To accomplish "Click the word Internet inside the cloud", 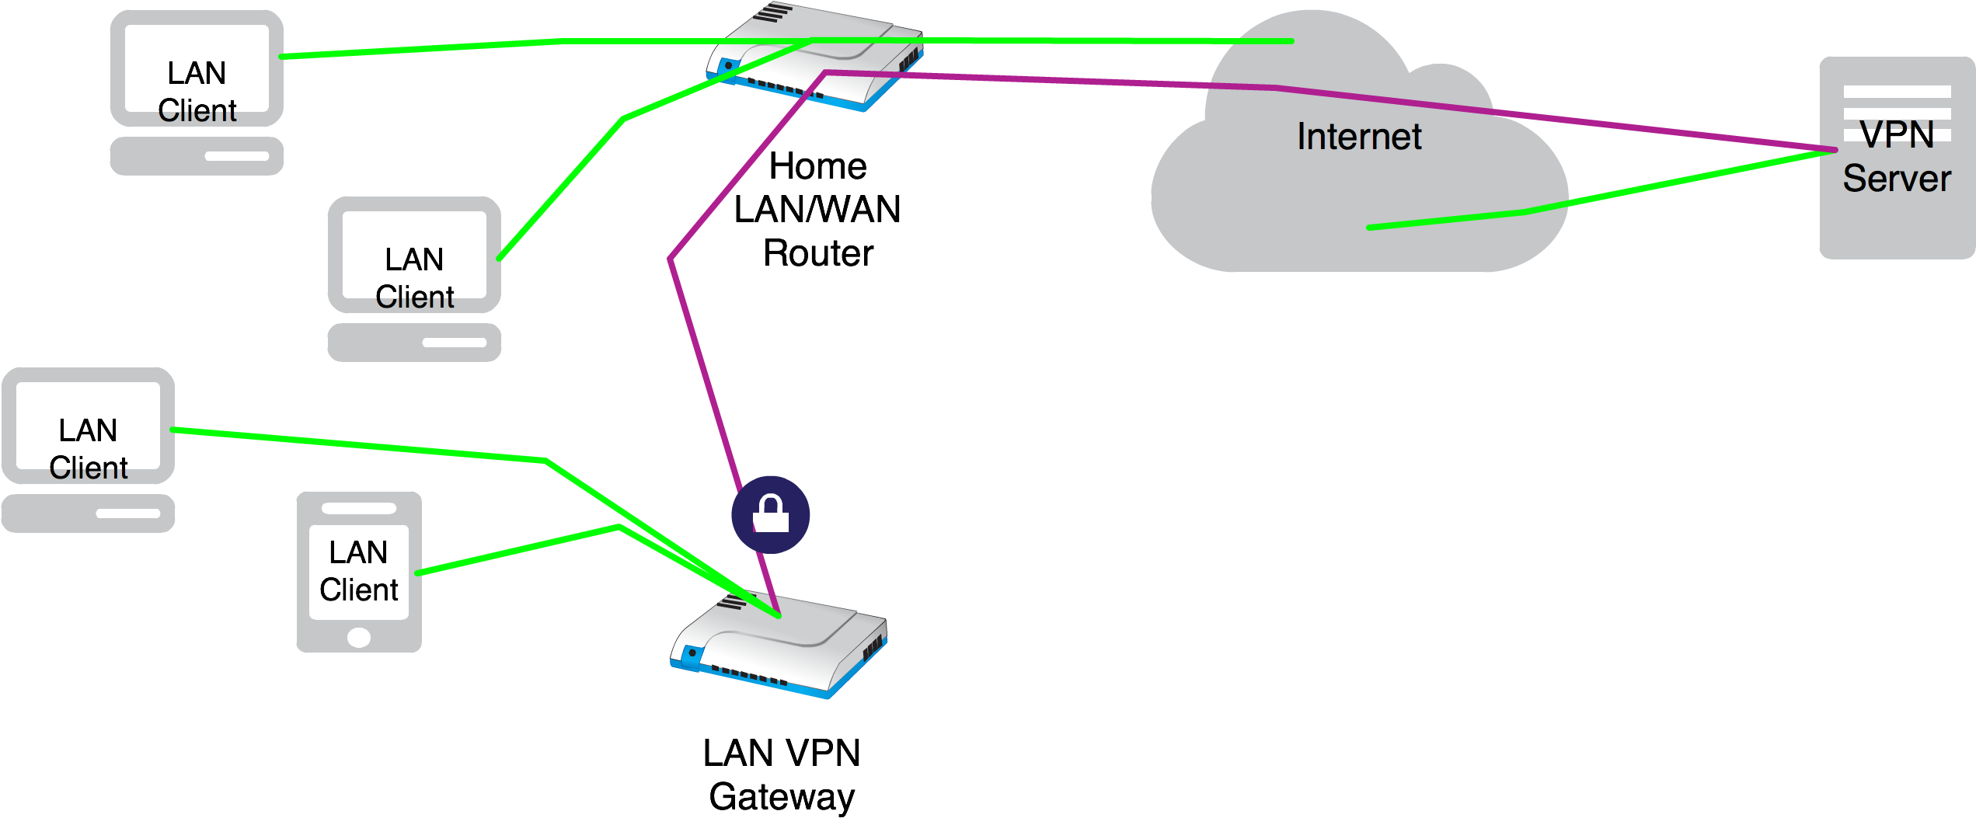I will click(1359, 137).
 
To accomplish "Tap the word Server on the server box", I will click(1896, 179).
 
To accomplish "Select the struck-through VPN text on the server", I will click(1897, 134).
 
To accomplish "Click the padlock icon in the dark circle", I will click(770, 514).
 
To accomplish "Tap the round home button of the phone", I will click(359, 637).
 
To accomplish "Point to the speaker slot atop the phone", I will click(359, 508).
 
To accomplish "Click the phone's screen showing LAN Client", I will click(359, 572).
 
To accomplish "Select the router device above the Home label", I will click(814, 58).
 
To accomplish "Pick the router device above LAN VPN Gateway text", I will click(779, 646).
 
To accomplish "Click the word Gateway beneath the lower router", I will click(782, 796).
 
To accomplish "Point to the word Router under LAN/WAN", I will click(817, 252).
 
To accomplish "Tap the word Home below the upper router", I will click(817, 166).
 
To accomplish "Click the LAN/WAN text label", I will click(817, 210).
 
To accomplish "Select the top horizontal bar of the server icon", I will click(1897, 92).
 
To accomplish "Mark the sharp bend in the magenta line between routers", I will click(670, 259).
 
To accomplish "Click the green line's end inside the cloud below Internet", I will click(1369, 228).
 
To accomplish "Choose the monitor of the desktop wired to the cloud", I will click(197, 68).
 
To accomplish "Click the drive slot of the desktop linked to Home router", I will click(454, 343).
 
